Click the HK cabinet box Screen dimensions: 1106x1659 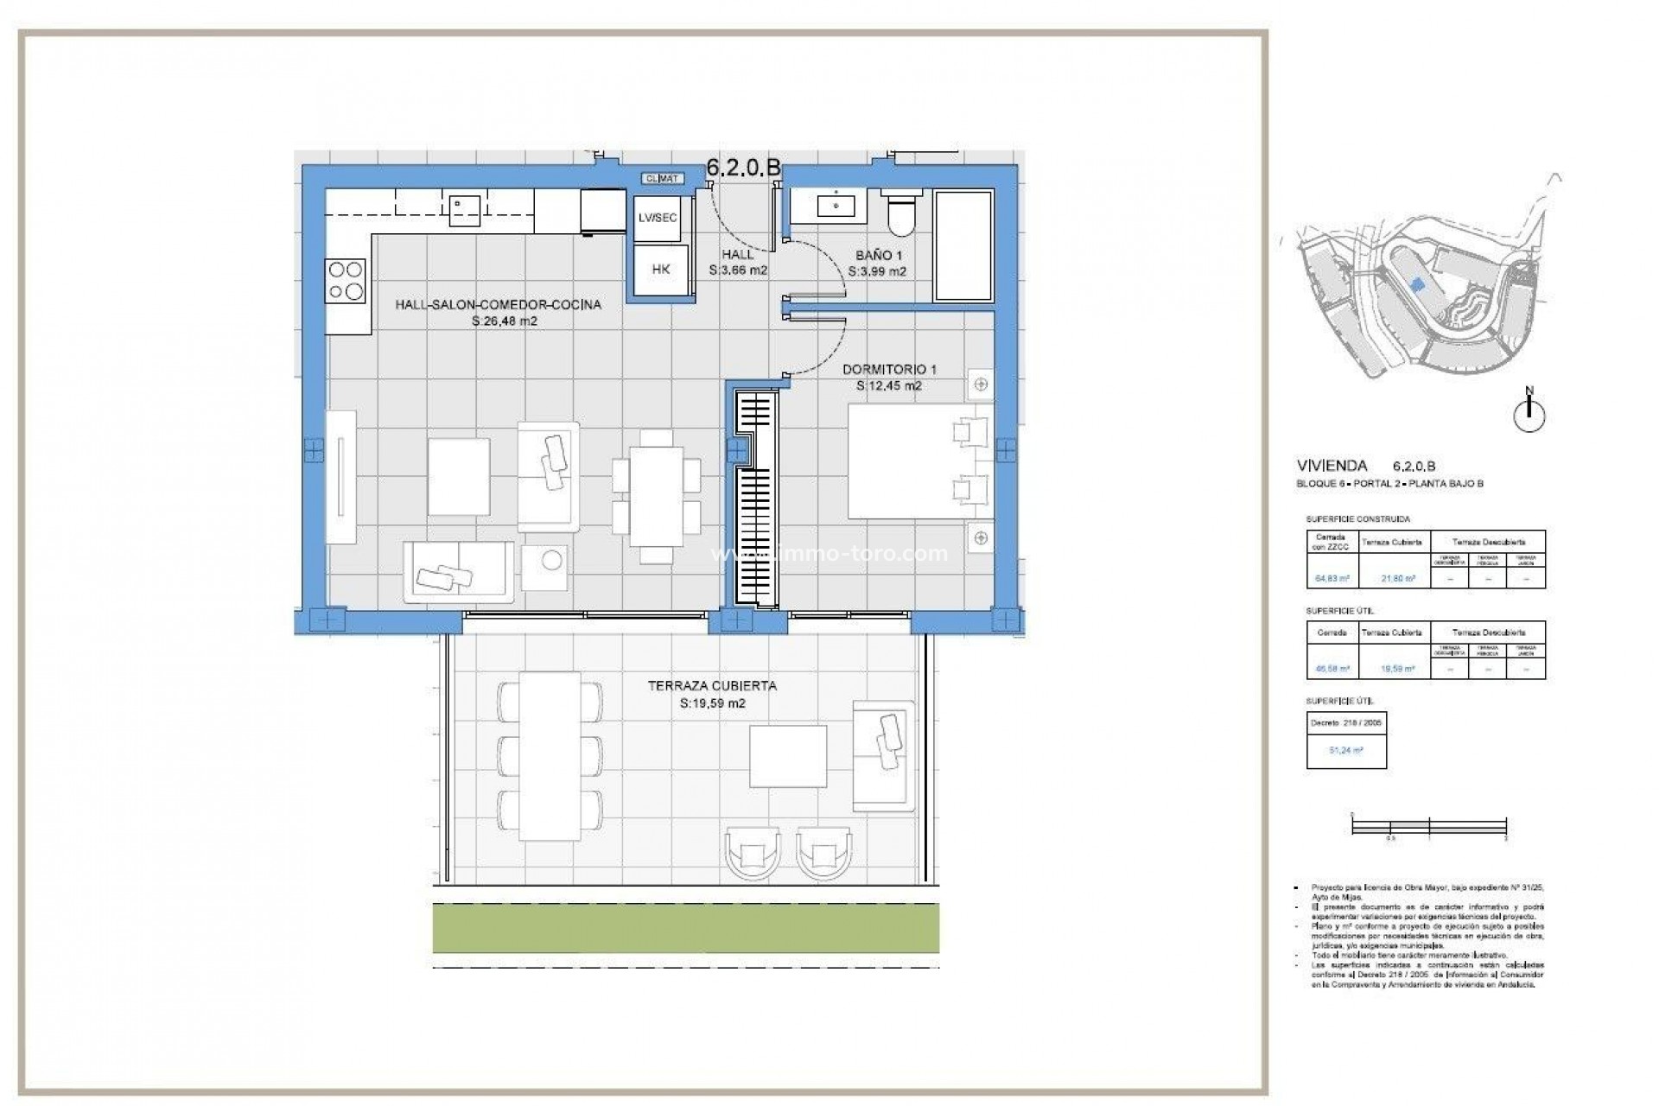coord(661,270)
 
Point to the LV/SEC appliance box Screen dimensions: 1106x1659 coord(657,218)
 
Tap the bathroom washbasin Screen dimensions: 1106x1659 coord(836,206)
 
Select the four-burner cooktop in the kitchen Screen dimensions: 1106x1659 coord(345,281)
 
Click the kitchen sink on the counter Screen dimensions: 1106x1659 coord(464,210)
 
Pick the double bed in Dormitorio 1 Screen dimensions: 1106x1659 coord(918,461)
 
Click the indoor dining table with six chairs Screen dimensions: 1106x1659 coord(656,495)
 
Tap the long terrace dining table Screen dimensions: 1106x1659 coord(550,756)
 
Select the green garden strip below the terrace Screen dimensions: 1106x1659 coord(685,928)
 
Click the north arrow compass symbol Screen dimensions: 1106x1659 coord(1529,414)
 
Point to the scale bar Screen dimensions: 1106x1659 coord(1429,826)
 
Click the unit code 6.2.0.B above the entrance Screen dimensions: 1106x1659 coord(743,168)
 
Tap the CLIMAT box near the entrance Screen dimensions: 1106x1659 coord(663,179)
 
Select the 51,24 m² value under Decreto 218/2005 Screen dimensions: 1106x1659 coord(1345,751)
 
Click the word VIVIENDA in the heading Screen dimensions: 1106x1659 coord(1332,466)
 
